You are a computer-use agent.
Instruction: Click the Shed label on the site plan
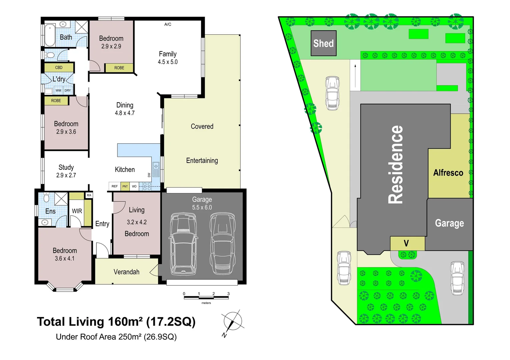(x=323, y=43)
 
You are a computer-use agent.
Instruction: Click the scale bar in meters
(x=206, y=297)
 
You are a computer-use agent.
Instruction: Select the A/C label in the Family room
(x=168, y=24)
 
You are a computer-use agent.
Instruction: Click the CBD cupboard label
(x=59, y=68)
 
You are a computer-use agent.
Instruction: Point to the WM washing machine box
(x=58, y=90)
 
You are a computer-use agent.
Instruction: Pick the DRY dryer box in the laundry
(x=68, y=90)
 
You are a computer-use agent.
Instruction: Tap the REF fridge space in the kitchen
(x=114, y=186)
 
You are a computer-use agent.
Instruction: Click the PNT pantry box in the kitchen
(x=125, y=186)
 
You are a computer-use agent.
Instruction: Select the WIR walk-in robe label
(x=77, y=211)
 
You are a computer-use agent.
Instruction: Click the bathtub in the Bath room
(x=50, y=35)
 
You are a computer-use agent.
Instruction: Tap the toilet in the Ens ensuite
(x=47, y=198)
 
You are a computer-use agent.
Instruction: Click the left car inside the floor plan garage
(x=183, y=244)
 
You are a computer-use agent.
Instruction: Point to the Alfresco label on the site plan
(x=448, y=173)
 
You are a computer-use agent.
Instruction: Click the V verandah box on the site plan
(x=406, y=243)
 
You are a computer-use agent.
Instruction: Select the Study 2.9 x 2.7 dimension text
(x=66, y=175)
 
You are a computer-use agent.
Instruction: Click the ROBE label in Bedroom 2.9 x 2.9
(x=119, y=68)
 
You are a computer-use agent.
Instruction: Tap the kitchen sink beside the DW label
(x=156, y=169)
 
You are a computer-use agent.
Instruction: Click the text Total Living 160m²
(x=89, y=322)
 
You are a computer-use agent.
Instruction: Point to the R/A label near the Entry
(x=89, y=195)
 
